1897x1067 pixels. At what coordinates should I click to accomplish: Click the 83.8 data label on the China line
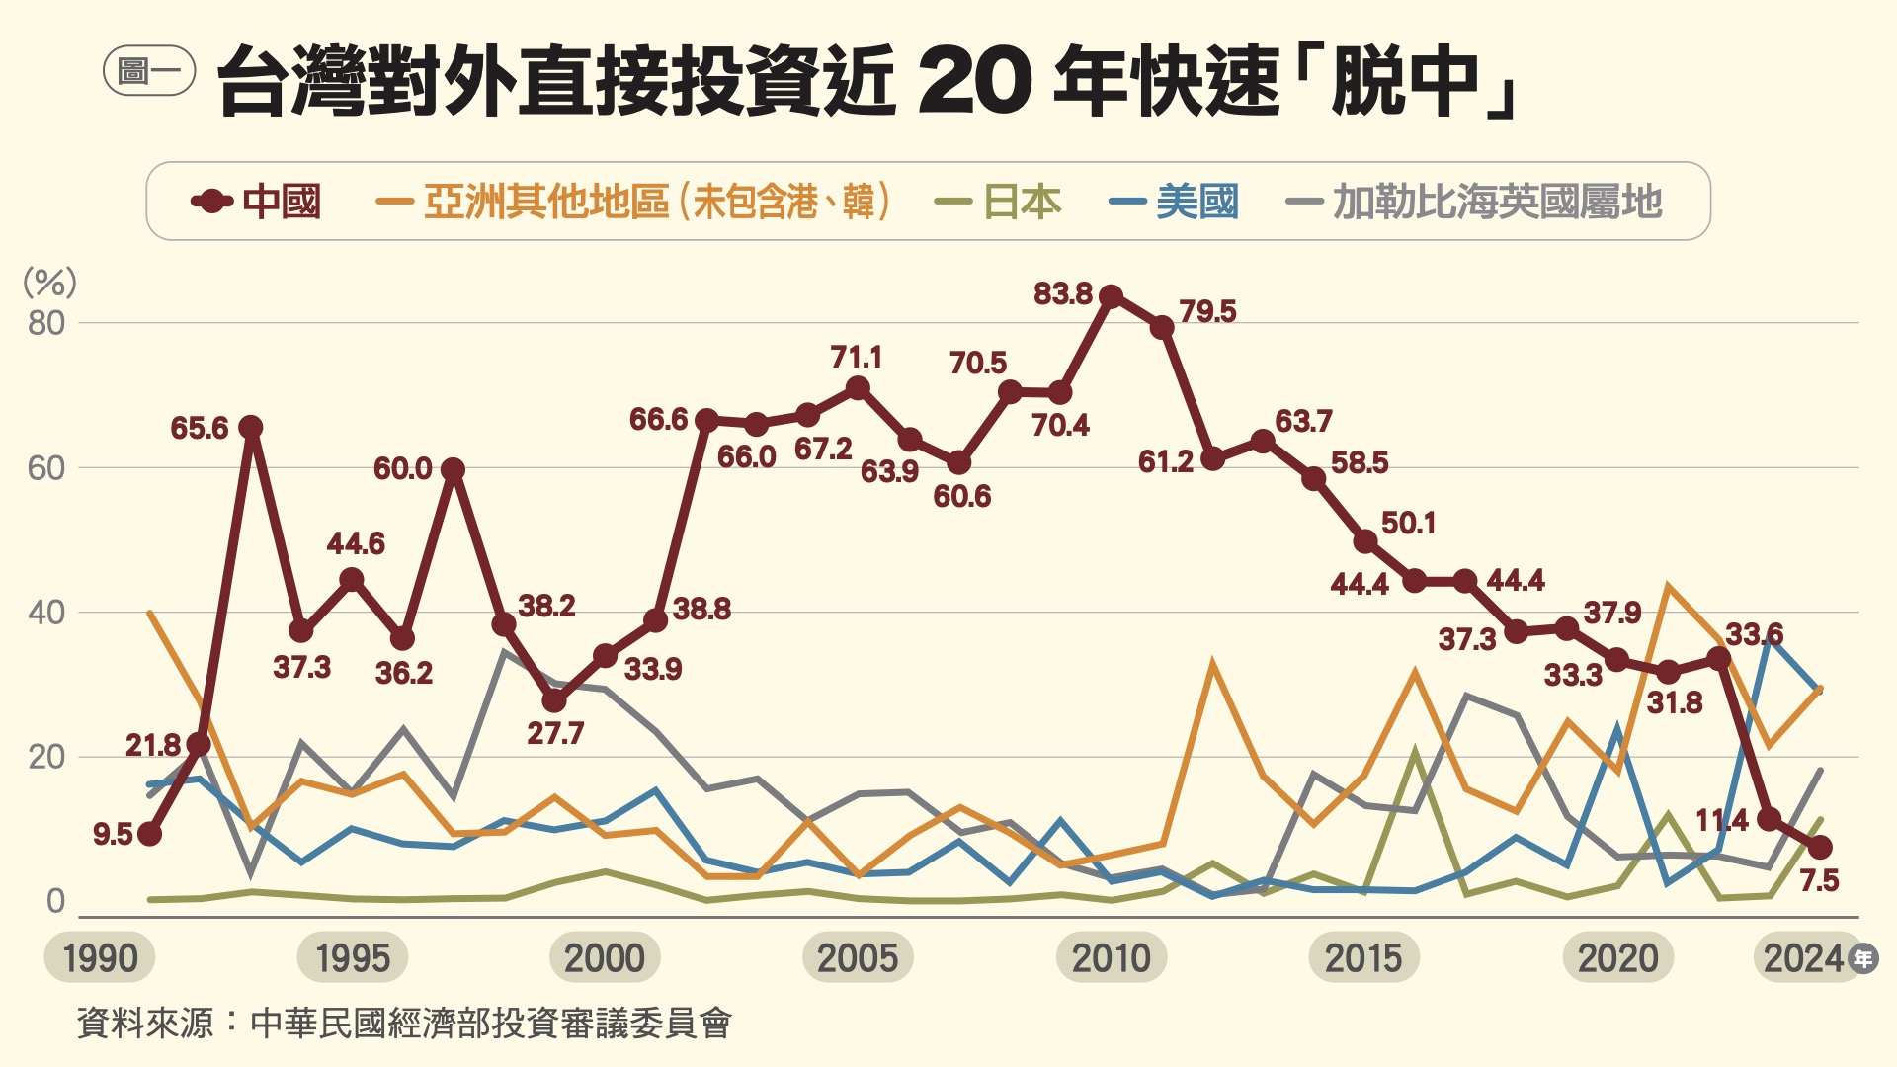tap(1063, 293)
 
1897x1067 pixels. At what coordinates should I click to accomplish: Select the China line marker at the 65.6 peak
tap(250, 427)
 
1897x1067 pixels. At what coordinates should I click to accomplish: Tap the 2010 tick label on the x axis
tap(1112, 957)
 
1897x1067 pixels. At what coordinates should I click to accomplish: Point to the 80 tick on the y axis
tap(46, 323)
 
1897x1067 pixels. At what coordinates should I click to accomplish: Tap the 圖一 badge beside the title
tap(149, 71)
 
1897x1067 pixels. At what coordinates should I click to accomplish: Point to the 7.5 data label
tap(1819, 880)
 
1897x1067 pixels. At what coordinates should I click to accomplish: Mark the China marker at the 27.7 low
tap(554, 699)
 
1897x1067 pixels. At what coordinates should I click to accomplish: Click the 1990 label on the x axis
tap(100, 957)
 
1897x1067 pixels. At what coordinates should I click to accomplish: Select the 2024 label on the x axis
tap(1804, 957)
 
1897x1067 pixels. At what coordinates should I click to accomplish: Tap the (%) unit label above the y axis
tap(49, 283)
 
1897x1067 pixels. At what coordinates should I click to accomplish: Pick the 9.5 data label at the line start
tap(113, 834)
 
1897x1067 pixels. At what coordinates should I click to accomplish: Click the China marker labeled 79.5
tap(1162, 326)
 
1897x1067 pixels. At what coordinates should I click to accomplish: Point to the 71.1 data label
tap(856, 357)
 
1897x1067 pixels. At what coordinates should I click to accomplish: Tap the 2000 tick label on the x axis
tap(605, 957)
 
